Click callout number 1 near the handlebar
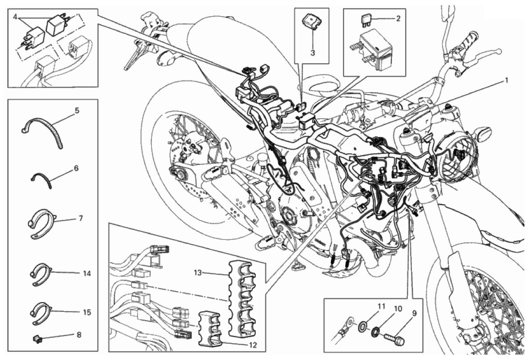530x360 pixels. [x=506, y=80]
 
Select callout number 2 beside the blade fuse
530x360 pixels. [x=398, y=18]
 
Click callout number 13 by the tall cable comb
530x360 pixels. [x=198, y=272]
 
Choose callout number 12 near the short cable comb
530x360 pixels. [x=252, y=345]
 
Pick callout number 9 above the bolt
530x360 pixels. [x=414, y=313]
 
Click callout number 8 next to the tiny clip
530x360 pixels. [x=79, y=335]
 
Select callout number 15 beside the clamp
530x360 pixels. [x=87, y=312]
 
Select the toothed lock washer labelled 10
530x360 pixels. [x=375, y=330]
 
